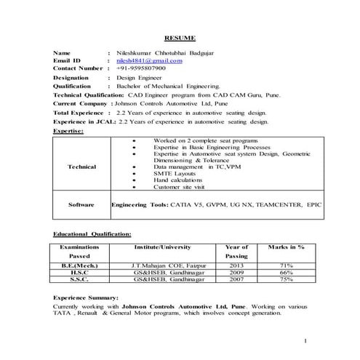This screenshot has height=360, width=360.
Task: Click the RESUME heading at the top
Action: point(180,36)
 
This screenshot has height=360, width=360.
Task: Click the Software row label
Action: point(81,205)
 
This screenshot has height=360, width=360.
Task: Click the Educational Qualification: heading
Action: point(92,235)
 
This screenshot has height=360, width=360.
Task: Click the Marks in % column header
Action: point(286,247)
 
